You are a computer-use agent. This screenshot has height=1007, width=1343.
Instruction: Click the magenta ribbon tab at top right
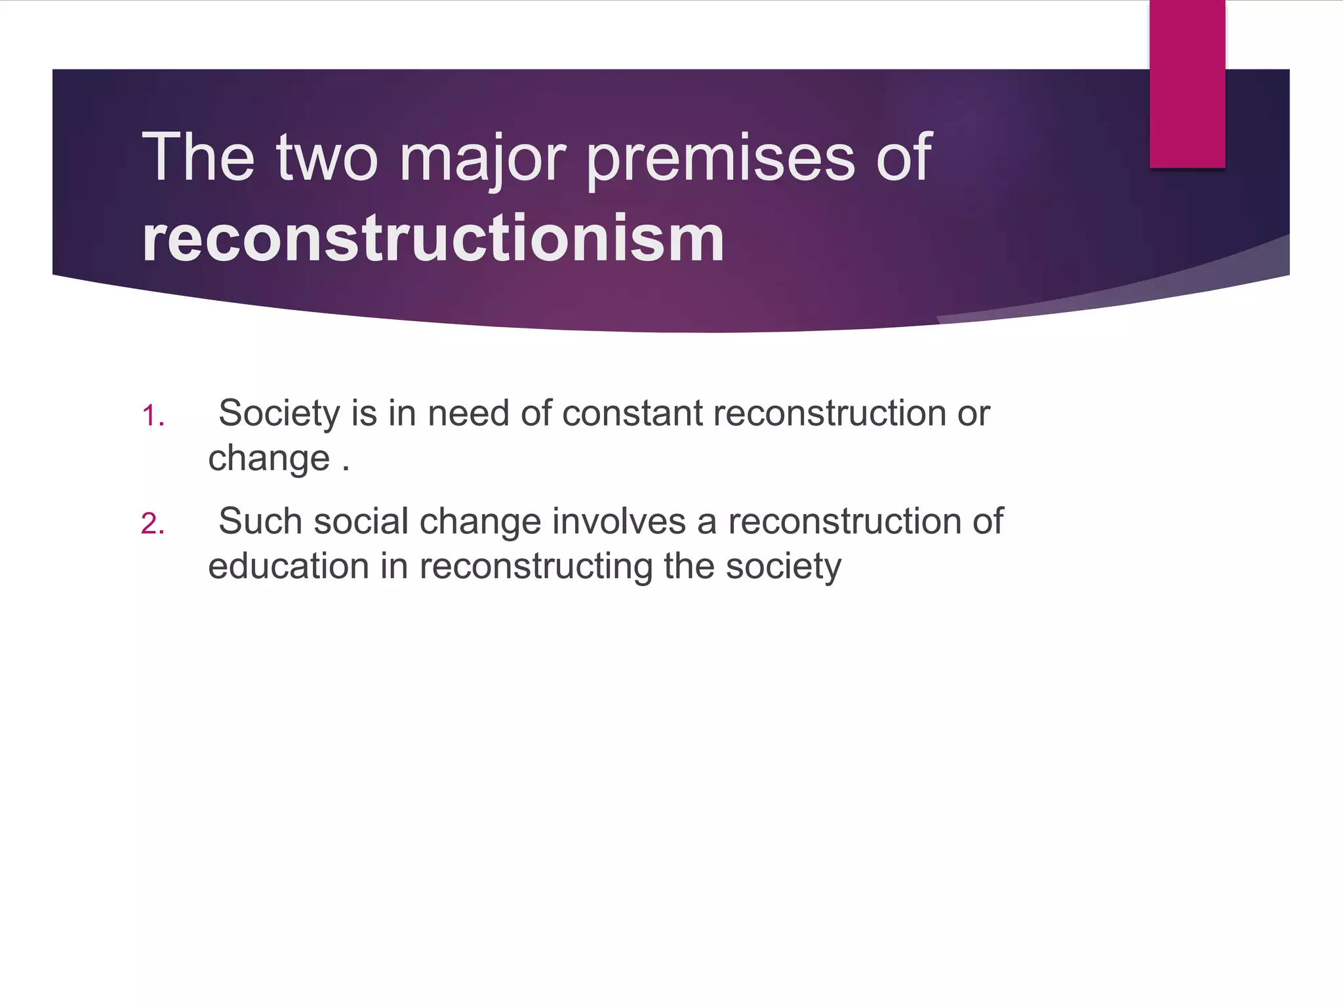click(1187, 84)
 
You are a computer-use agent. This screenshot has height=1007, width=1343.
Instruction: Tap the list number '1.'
click(153, 416)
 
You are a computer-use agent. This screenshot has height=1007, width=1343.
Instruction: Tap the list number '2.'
click(153, 524)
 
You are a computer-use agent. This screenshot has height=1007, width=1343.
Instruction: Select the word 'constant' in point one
click(631, 414)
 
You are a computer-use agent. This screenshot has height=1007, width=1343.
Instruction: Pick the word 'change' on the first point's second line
click(269, 458)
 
